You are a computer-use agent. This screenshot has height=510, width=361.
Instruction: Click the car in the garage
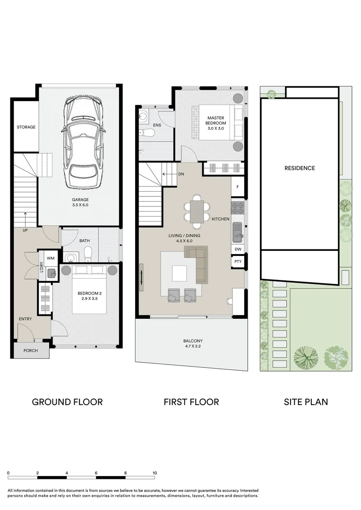(x=83, y=142)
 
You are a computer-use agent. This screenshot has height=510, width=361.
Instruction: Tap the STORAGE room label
(x=26, y=127)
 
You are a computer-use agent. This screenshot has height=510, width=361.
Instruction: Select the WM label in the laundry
(x=51, y=258)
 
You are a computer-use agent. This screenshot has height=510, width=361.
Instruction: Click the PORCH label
(x=31, y=350)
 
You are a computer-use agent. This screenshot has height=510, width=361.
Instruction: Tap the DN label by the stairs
(x=181, y=174)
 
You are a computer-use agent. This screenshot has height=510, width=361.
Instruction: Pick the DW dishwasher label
(x=238, y=249)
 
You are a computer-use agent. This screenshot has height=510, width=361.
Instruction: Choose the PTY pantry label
(x=238, y=262)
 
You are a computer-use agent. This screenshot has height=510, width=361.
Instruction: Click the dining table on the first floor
(x=197, y=212)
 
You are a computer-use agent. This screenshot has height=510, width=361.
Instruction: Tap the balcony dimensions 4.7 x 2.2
(x=193, y=347)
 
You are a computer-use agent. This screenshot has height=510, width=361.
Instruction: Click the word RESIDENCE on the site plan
(x=300, y=168)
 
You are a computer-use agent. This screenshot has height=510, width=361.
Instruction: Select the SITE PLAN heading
(x=306, y=402)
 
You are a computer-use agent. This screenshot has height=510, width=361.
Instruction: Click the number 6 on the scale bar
(x=96, y=473)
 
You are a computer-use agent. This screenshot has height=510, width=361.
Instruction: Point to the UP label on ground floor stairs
(x=25, y=230)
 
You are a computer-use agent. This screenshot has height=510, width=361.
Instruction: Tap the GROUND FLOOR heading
(x=68, y=402)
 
